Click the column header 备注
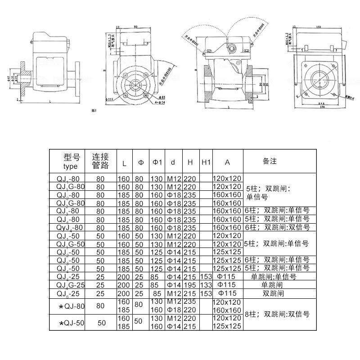270,161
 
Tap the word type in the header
71,166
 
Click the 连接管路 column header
101,161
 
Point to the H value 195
191,285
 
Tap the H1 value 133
206,285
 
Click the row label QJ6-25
68,293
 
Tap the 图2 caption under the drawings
94,110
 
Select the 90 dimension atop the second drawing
135,27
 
